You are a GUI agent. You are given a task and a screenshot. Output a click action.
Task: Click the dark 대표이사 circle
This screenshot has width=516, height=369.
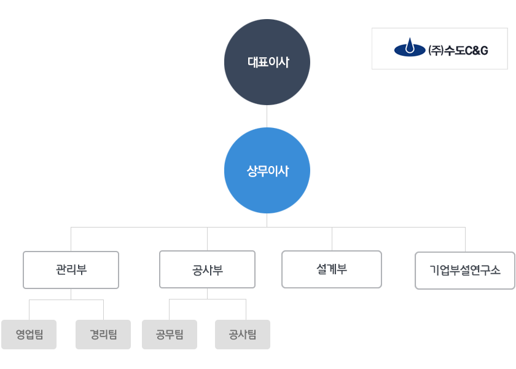pos(267,62)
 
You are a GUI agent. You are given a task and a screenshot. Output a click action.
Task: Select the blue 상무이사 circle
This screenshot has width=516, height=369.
pos(267,170)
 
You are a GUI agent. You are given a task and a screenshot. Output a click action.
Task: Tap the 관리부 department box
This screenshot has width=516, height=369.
pos(71,270)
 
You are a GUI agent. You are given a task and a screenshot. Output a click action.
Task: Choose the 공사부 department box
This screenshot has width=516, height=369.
pos(208,269)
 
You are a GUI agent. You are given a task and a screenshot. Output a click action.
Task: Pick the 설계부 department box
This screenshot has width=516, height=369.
pos(332,269)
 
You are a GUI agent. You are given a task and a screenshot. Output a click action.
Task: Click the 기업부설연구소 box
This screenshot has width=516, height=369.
pos(465,271)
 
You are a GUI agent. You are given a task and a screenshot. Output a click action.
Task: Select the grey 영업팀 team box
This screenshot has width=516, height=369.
pos(29,335)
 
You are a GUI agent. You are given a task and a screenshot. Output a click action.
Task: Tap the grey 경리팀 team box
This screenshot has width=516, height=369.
pos(103,335)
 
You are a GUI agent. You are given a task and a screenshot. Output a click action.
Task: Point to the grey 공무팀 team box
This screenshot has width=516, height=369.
pos(170,335)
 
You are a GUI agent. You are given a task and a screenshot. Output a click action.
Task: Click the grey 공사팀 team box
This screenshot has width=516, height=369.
pos(243,335)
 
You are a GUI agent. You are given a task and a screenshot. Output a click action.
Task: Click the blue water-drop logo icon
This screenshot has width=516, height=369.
pos(410,47)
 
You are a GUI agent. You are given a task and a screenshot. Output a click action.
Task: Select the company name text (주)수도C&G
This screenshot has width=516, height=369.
pos(458,50)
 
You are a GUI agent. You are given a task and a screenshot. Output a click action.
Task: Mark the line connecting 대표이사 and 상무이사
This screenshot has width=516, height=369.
pos(267,116)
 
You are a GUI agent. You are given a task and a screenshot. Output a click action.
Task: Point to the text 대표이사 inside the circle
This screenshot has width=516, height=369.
pos(268,62)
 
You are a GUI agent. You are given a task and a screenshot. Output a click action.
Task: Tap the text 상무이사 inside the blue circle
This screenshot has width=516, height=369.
pos(268,171)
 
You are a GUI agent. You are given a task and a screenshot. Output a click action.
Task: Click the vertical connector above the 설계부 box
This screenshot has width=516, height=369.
pos(332,239)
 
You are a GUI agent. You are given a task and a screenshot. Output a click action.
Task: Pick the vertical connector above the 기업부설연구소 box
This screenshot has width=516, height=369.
pos(466,239)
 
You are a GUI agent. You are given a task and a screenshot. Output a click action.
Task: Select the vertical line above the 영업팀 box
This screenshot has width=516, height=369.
pos(29,310)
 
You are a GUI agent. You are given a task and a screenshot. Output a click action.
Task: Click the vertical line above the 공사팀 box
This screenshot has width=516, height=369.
pos(246,309)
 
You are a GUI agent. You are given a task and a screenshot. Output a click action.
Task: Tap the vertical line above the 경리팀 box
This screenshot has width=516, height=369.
pos(103,310)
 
